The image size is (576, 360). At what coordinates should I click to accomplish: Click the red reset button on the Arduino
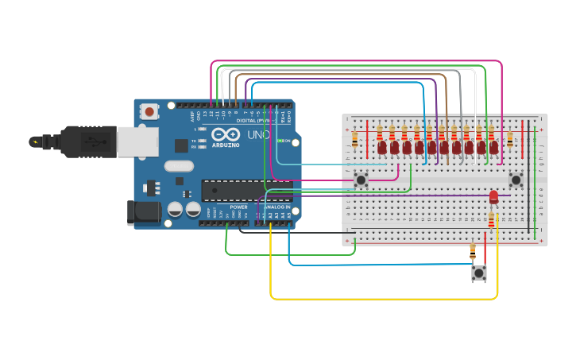pos(149,112)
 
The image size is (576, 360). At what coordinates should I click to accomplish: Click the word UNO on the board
pos(258,135)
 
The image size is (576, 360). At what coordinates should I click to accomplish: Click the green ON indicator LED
pos(280,141)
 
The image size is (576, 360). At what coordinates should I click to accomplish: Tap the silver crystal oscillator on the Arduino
pos(179,166)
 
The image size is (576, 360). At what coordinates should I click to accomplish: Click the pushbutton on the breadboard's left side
pos(361,180)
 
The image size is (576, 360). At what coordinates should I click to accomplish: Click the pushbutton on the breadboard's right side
pos(516,180)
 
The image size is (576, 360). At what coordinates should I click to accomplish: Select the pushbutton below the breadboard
pos(479,273)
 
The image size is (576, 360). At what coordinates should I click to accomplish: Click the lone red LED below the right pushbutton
pos(493,195)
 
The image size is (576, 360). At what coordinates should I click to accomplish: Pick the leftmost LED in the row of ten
pos(382,147)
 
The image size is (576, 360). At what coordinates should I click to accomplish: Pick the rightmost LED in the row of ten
pos(494,147)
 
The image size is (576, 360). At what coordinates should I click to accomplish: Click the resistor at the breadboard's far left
pos(354,139)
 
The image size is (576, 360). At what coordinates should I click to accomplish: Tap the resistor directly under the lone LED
pos(492,219)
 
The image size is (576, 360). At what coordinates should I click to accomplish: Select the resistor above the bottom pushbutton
pos(474,252)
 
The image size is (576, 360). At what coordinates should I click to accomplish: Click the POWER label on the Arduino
pos(238,207)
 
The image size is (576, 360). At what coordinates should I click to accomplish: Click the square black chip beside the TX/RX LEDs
pos(182,145)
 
